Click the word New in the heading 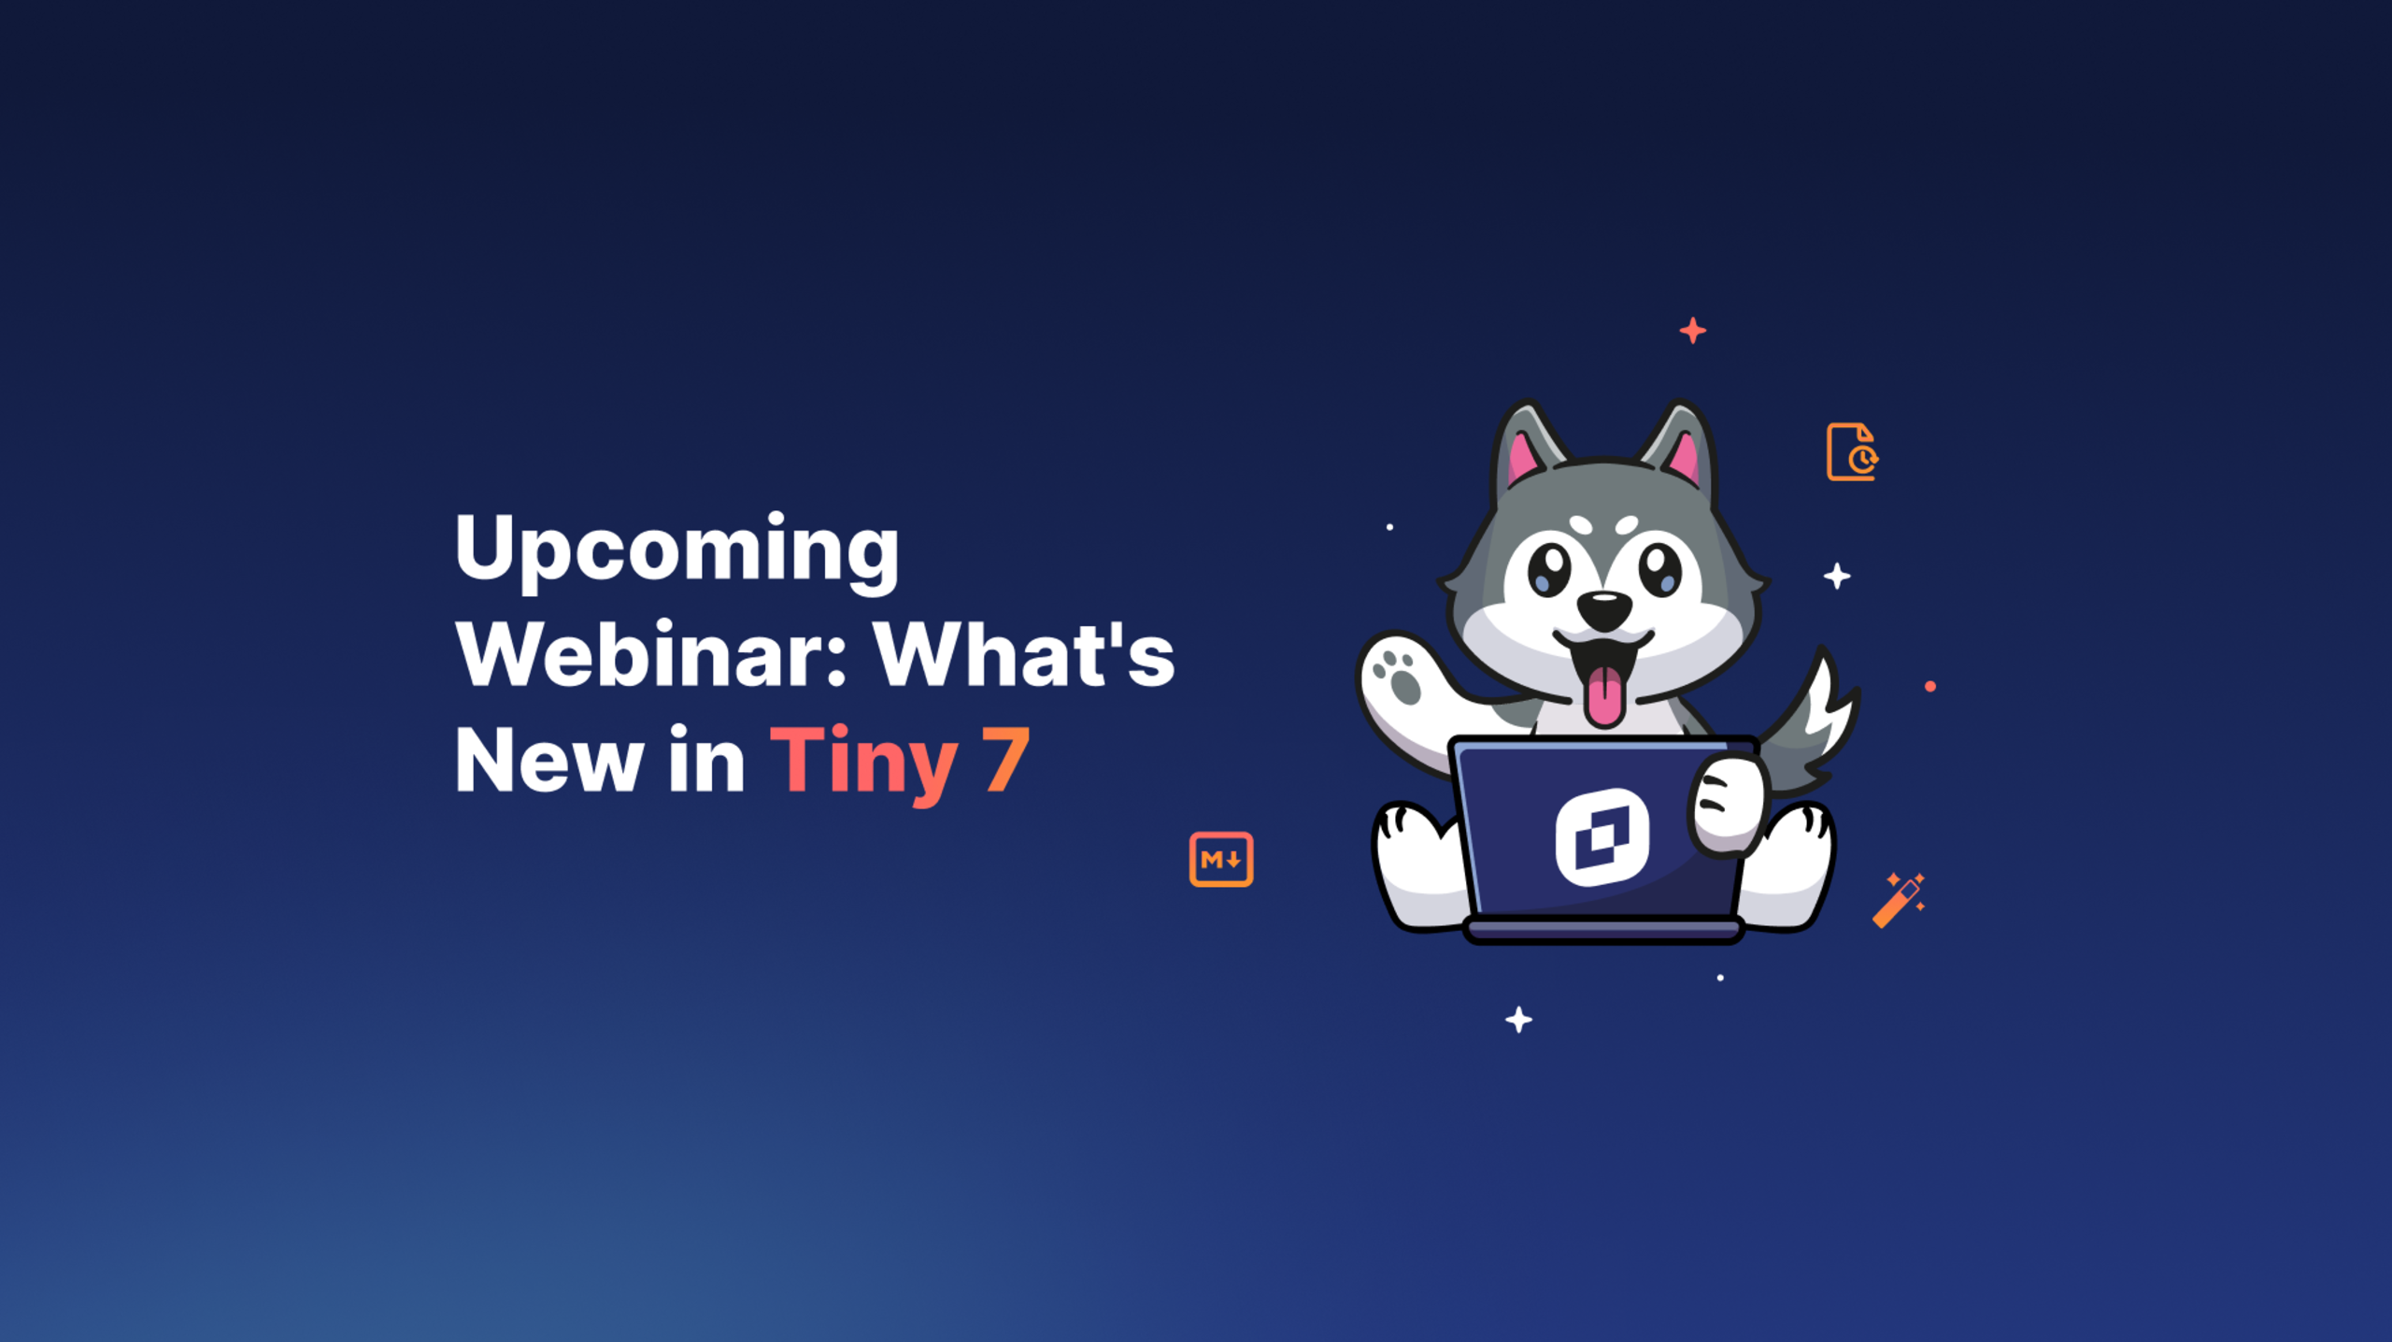(548, 761)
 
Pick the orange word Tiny (864, 763)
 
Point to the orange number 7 (1005, 761)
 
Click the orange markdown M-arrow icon (1221, 859)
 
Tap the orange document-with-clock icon (1852, 452)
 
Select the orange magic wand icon (1898, 901)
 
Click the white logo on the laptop (1602, 837)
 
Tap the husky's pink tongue (1605, 696)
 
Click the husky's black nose (1604, 610)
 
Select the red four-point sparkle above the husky (1692, 331)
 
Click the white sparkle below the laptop (1518, 1020)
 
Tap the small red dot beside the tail (1930, 687)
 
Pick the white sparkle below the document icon (1837, 576)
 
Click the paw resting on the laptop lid (1728, 805)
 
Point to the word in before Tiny (706, 761)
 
